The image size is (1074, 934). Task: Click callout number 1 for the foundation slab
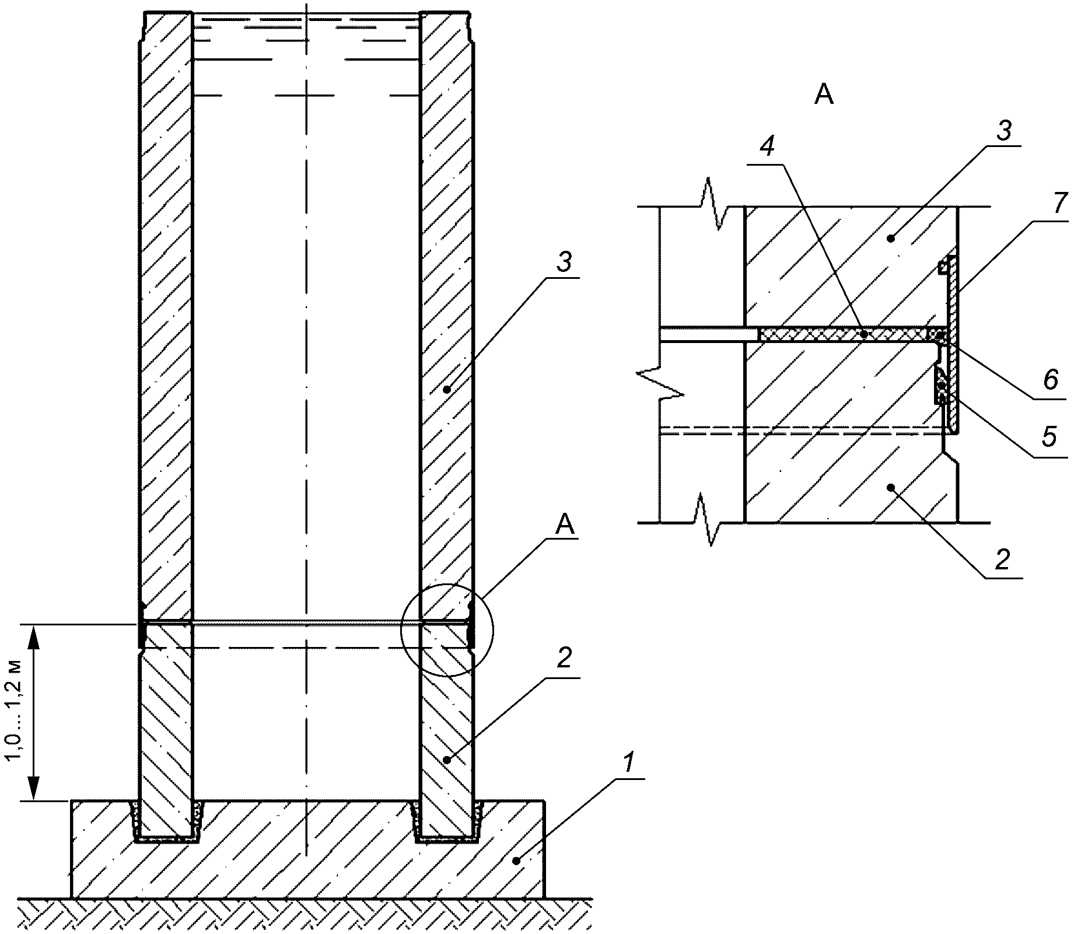[x=627, y=762]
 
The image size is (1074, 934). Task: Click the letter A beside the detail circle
[x=565, y=526]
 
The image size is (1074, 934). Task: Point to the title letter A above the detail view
[x=824, y=95]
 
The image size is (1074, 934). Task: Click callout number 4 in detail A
[x=768, y=148]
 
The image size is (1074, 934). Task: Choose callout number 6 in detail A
[x=1051, y=380]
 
